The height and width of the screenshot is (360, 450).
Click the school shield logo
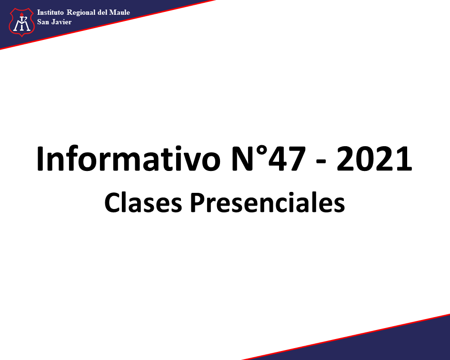coord(22,22)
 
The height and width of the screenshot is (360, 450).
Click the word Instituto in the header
coord(50,12)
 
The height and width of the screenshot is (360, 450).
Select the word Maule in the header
coord(120,12)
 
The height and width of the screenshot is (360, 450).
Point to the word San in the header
coord(43,22)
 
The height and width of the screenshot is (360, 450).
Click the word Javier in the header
coord(61,22)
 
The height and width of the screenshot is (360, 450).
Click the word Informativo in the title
coord(129,159)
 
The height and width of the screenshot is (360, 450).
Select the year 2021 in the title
coord(374,159)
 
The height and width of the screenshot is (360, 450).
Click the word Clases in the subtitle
coord(143,202)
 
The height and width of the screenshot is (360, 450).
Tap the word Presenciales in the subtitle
coord(268,202)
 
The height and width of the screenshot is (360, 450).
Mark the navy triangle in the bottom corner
coord(373,344)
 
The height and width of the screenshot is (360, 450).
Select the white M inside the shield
coord(22,24)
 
